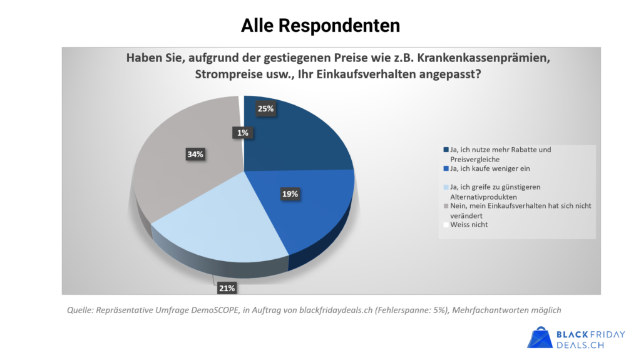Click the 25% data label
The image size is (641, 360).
266,109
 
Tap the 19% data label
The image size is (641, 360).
289,194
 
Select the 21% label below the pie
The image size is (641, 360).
227,288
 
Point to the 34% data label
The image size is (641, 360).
195,155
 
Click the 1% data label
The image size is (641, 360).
242,132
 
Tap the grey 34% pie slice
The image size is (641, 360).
182,169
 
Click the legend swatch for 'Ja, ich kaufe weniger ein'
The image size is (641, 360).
446,168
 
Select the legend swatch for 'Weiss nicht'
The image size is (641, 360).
446,225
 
